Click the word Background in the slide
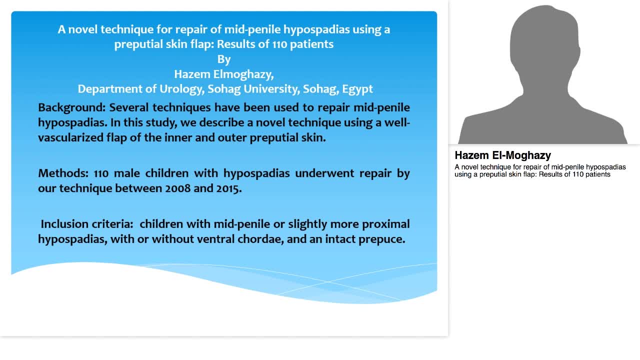pyautogui.click(x=71, y=107)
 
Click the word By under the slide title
pyautogui.click(x=224, y=59)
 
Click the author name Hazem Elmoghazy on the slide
pyautogui.click(x=224, y=74)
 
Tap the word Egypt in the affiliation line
pyautogui.click(x=357, y=89)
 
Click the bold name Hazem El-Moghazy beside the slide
pyautogui.click(x=502, y=155)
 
